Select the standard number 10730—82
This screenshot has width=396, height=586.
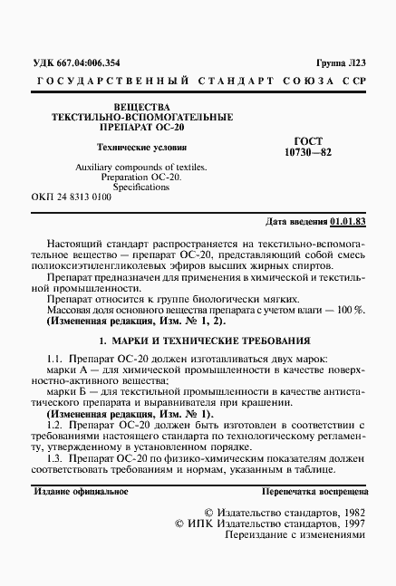coord(308,153)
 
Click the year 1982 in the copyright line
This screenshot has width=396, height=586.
coord(348,512)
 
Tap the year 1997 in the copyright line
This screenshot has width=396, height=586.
coord(348,524)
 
